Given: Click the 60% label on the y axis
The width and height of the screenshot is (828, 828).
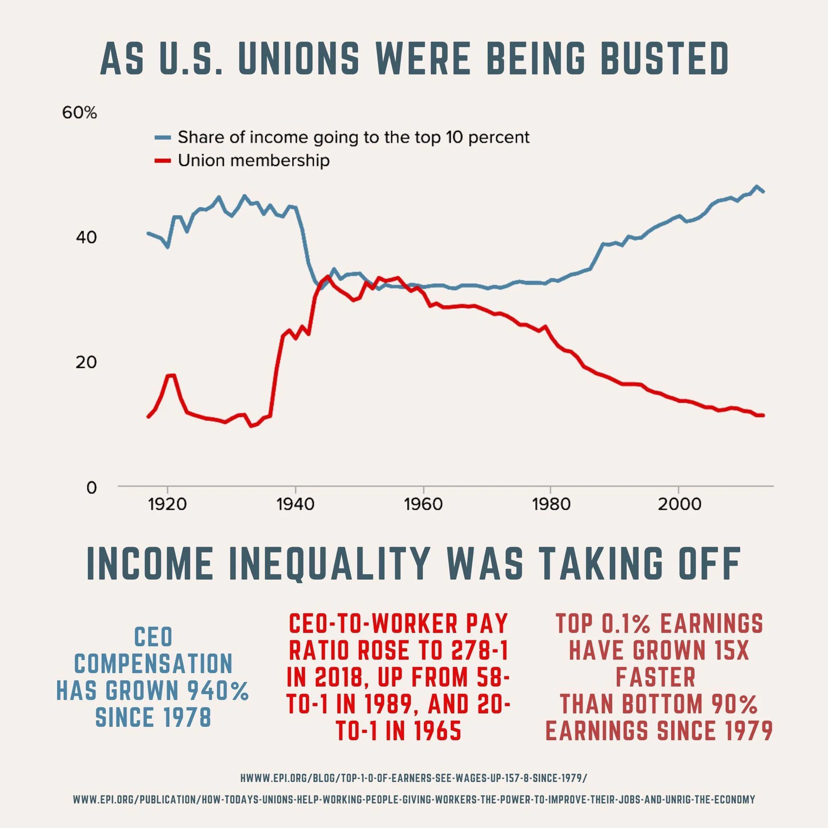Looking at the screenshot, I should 79,113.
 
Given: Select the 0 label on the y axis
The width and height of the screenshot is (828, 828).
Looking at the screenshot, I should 91,487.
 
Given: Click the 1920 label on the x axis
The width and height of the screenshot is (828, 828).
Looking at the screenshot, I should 168,505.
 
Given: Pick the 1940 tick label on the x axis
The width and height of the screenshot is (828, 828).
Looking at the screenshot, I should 295,505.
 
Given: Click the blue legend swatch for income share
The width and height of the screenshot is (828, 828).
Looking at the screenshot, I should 162,137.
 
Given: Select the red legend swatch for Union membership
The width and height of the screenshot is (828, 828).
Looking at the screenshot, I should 162,161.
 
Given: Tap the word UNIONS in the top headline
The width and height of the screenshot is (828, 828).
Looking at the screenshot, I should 297,59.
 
